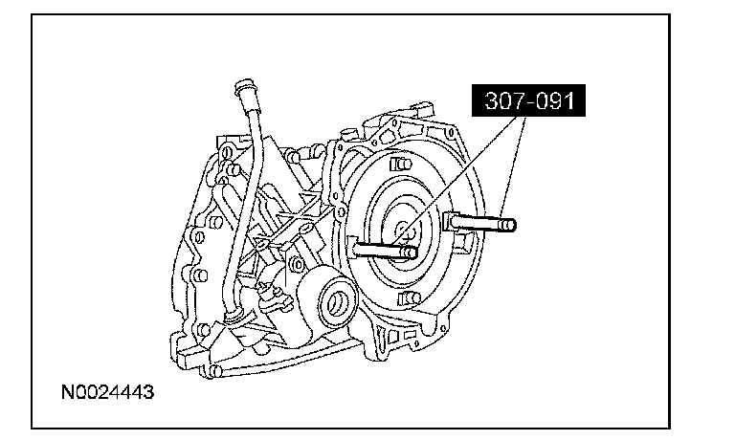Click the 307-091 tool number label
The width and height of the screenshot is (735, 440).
point(528,100)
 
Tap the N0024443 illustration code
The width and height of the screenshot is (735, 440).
point(107,392)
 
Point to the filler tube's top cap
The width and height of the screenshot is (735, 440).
point(243,89)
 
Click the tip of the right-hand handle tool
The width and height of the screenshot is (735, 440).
point(509,226)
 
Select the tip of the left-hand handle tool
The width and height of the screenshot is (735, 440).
point(411,253)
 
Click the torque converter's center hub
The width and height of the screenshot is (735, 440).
point(402,231)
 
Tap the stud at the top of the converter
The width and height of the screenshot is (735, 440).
point(401,165)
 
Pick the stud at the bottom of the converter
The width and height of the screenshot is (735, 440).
point(410,298)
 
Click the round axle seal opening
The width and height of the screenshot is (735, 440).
point(337,301)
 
